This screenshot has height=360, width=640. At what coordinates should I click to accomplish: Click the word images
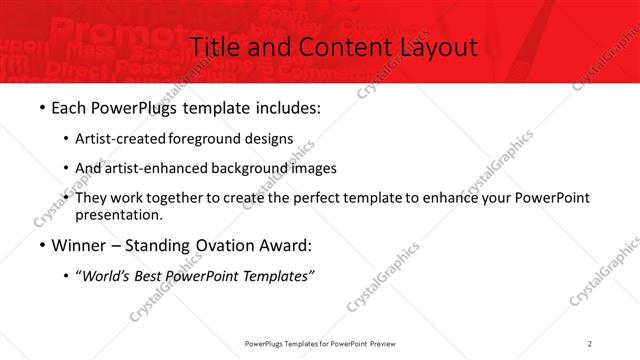312,168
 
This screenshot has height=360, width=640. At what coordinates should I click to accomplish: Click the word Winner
78,246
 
